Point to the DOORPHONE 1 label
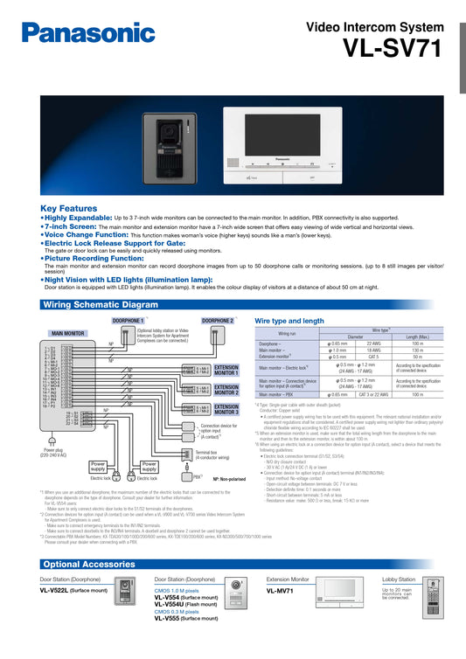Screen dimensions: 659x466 (x=129, y=321)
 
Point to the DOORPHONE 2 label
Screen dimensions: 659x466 (x=218, y=321)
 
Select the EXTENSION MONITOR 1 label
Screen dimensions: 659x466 (x=226, y=370)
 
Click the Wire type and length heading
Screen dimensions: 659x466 (x=291, y=321)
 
